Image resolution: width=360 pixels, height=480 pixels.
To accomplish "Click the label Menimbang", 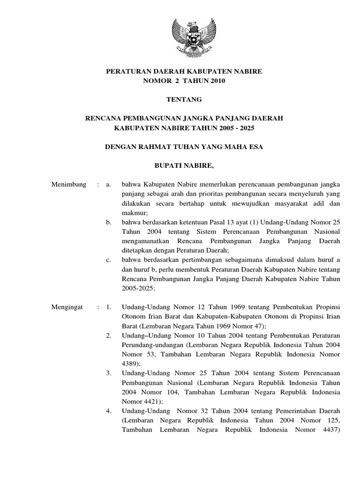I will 68,185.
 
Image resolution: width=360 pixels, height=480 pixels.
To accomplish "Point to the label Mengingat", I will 67,307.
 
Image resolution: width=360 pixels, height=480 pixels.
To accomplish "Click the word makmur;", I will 132,212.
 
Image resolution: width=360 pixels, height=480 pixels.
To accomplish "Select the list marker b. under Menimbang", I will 109,222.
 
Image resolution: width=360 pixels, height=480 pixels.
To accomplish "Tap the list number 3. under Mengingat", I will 108,373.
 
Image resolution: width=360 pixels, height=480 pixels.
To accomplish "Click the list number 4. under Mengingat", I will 108,411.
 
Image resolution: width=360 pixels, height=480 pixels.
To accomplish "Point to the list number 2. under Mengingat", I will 108,335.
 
